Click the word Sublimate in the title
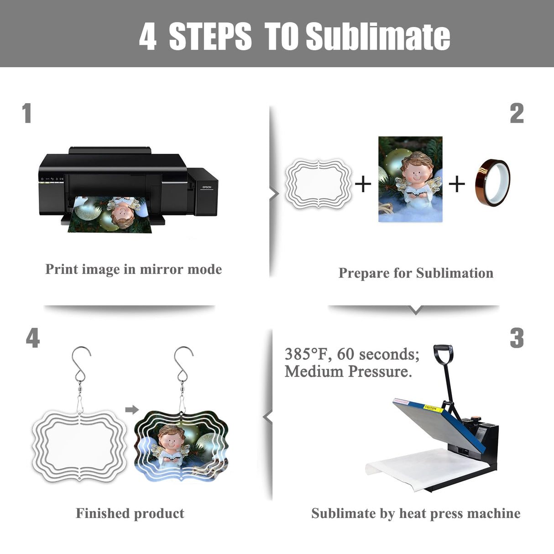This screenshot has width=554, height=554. (x=378, y=37)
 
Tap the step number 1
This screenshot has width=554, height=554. (x=27, y=113)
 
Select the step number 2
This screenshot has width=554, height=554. (x=517, y=113)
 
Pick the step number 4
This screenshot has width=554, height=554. (x=33, y=338)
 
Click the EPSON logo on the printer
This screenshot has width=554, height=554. (x=207, y=187)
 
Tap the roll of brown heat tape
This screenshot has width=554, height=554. (x=492, y=183)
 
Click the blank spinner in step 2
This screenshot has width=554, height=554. (x=318, y=183)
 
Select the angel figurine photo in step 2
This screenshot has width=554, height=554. (x=410, y=179)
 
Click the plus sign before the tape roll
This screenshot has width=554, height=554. (x=457, y=184)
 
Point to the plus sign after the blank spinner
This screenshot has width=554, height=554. (x=363, y=184)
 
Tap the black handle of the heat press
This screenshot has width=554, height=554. (x=444, y=354)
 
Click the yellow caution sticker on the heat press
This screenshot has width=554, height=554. (x=433, y=408)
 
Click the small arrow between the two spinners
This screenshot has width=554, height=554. (x=132, y=410)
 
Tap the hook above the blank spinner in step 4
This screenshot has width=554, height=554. (x=81, y=364)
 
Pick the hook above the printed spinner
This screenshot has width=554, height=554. (x=183, y=364)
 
